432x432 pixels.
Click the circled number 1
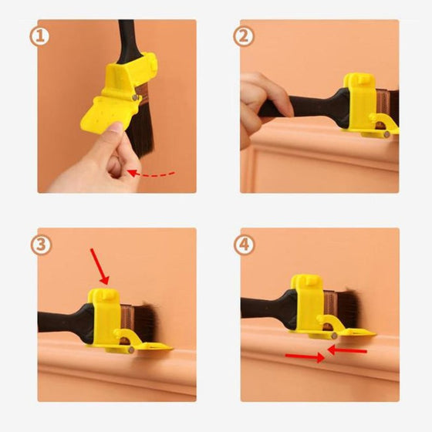(x=39, y=37)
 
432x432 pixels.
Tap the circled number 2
(x=243, y=37)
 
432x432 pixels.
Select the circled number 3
(x=40, y=245)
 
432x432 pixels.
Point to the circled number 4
(x=244, y=245)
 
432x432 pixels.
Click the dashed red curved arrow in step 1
(x=151, y=174)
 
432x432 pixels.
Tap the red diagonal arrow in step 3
(x=100, y=266)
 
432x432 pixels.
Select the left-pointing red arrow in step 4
(x=347, y=350)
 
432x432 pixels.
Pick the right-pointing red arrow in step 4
(x=305, y=357)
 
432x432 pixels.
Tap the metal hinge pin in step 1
(x=135, y=97)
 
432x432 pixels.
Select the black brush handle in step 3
(x=66, y=322)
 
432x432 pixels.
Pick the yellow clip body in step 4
(x=309, y=303)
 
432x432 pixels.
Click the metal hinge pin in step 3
(x=131, y=350)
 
